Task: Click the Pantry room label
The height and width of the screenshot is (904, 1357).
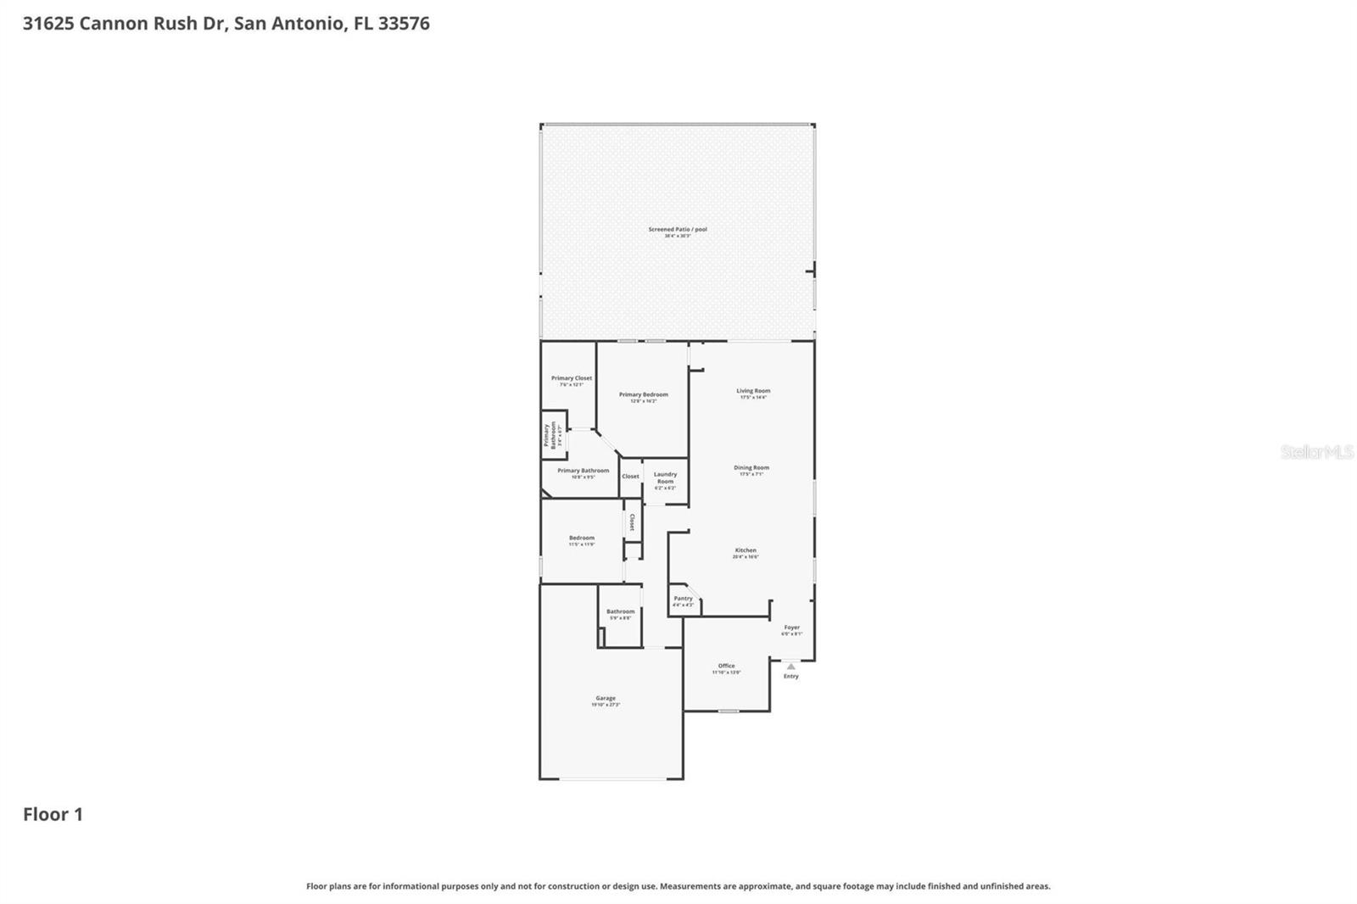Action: pos(683,599)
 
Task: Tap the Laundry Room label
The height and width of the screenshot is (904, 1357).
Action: pos(665,477)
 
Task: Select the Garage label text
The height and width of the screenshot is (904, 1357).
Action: pos(606,699)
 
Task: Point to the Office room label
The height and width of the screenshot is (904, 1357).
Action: pos(726,666)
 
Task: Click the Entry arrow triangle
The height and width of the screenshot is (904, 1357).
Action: pos(790,667)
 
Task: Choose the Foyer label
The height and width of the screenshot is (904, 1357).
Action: pos(791,628)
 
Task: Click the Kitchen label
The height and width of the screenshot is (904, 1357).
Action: pos(746,550)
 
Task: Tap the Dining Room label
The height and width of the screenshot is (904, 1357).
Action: pos(751,468)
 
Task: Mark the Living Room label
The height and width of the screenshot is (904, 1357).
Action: pos(753,391)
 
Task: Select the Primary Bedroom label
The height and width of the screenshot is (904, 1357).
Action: pos(643,394)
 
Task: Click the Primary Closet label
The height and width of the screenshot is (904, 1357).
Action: pos(572,378)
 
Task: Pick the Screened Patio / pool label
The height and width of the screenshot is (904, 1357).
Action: pos(678,229)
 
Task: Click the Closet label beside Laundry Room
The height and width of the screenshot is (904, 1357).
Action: pos(630,477)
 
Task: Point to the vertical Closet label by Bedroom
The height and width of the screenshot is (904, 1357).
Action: pos(632,522)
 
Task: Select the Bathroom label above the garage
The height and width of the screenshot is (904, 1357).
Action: pos(620,611)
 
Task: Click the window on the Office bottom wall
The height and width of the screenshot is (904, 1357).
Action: pos(728,711)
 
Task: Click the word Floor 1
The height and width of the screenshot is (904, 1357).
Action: pos(53,814)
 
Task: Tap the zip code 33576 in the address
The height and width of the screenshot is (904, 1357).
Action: pos(404,23)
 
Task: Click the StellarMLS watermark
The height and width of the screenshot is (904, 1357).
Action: pos(1316,452)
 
